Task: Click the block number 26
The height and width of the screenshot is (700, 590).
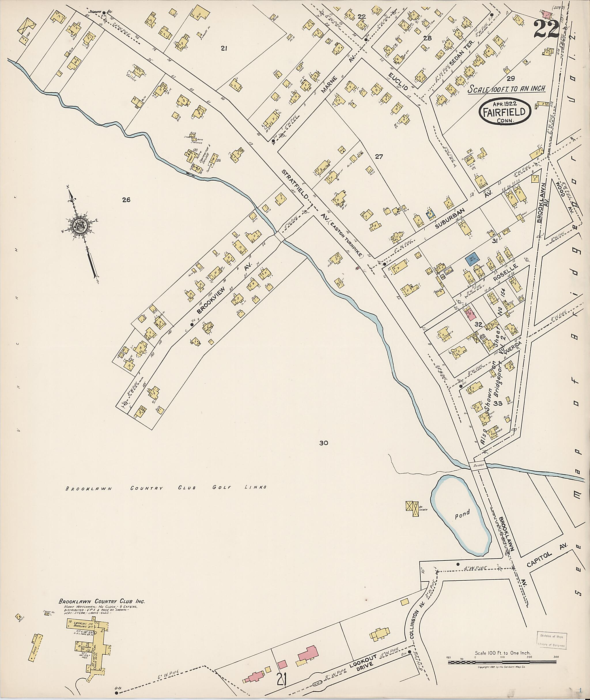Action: pyautogui.click(x=126, y=200)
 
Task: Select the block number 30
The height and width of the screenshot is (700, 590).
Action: pyautogui.click(x=324, y=443)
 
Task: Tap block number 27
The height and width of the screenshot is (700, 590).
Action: pyautogui.click(x=379, y=156)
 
